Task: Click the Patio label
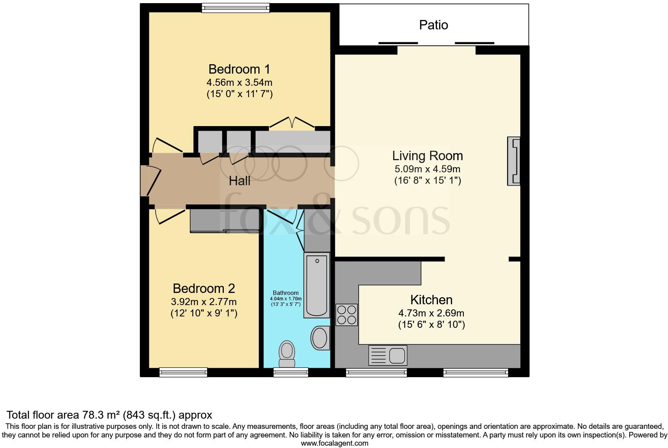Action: point(433,25)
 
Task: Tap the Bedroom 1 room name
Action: point(239,69)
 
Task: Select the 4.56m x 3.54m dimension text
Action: point(239,83)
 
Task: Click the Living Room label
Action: point(427,156)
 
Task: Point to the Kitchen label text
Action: point(431,300)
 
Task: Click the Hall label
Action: point(240,181)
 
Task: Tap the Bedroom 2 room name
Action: point(204,289)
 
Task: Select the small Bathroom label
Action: point(285,293)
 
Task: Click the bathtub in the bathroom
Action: point(316,285)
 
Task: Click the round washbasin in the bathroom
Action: point(320,338)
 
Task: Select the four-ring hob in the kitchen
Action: point(347,315)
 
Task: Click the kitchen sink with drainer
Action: point(387,355)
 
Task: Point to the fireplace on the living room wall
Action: point(514,161)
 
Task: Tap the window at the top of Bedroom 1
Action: point(236,7)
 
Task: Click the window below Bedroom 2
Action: point(183,372)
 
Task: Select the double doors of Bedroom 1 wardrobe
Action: point(292,123)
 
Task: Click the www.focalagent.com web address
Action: point(334,443)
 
